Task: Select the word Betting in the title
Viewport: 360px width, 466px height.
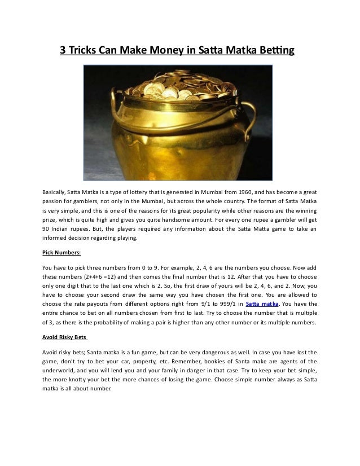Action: [x=277, y=51]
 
